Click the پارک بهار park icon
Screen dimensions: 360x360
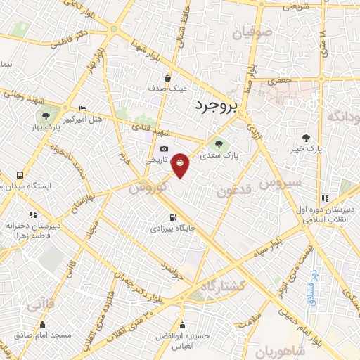[46, 116]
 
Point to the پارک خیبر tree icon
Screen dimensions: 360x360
[305, 138]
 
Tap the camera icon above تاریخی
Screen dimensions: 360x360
[164, 148]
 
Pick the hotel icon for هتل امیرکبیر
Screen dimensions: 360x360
[83, 109]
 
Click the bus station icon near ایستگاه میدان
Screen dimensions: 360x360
[20, 175]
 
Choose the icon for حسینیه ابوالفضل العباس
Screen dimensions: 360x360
[183, 326]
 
